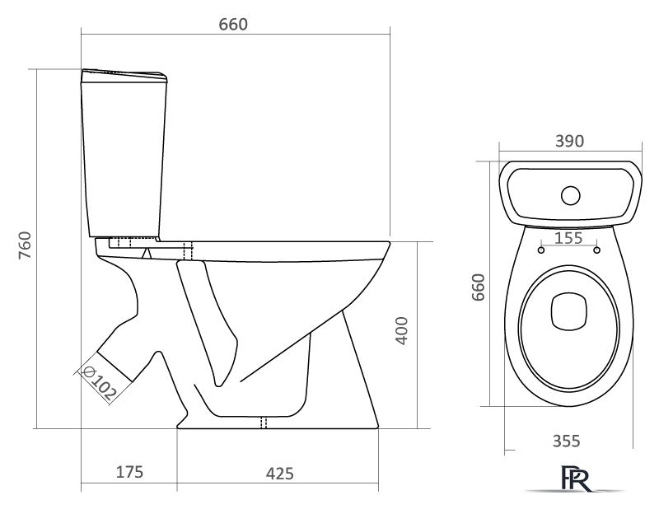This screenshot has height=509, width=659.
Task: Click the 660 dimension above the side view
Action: click(233, 25)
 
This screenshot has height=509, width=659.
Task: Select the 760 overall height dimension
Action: click(26, 245)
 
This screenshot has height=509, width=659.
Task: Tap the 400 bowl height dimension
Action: click(402, 331)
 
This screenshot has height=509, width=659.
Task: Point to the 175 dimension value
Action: click(129, 472)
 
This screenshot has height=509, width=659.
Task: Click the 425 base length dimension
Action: click(279, 474)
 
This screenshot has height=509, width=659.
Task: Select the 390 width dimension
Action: click(569, 141)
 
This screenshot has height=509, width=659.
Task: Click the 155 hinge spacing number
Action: click(568, 238)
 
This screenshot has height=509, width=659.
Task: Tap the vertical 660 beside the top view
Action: click(479, 287)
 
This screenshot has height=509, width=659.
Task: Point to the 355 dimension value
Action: click(566, 441)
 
